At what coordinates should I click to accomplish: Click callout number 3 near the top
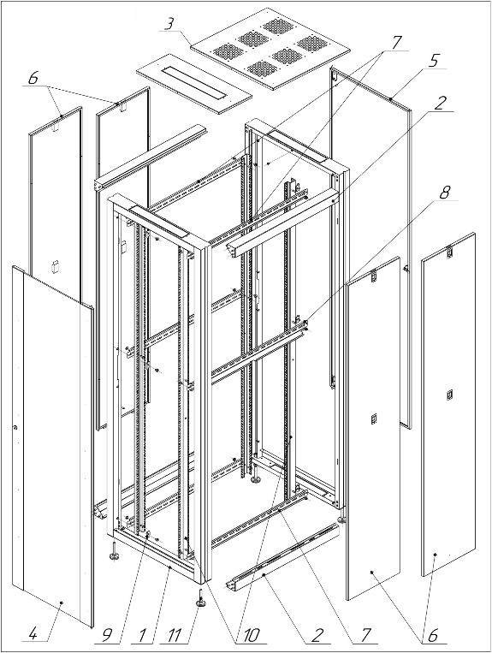click(169, 25)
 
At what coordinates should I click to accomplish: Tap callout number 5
click(433, 61)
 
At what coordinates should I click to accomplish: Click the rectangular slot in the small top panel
click(194, 84)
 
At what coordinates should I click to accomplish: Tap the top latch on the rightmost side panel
click(448, 252)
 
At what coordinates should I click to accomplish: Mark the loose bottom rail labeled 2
click(282, 556)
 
